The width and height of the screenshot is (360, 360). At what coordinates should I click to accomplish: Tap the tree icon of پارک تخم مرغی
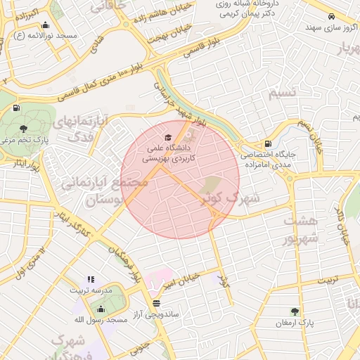click(23, 129)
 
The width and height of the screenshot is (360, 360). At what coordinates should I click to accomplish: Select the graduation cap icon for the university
click(167, 137)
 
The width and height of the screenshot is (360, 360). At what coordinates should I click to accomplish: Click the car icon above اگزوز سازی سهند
click(331, 17)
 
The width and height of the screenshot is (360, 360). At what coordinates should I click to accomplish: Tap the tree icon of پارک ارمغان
click(295, 311)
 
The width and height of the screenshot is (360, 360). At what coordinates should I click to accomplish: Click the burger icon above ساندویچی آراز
click(155, 303)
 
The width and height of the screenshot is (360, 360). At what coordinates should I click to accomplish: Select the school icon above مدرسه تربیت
click(89, 278)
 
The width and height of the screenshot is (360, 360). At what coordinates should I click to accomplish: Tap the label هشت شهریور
click(301, 229)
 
